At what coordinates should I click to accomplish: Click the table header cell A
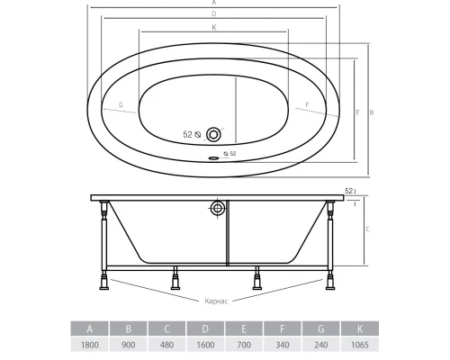88,328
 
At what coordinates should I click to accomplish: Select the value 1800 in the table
88,346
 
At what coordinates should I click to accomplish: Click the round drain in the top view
213,134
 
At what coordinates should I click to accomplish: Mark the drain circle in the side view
217,210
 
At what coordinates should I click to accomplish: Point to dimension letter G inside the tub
120,104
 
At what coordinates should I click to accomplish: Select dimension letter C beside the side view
370,229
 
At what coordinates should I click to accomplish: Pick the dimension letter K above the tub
214,28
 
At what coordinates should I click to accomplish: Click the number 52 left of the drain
188,134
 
